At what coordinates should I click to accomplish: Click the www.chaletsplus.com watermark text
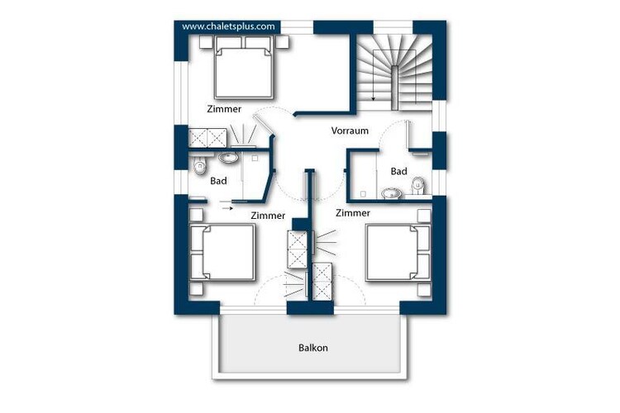228,26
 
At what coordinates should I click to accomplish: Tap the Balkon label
312,348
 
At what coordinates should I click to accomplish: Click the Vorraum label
350,131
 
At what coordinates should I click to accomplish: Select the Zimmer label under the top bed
224,109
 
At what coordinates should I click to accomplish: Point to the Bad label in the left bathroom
218,181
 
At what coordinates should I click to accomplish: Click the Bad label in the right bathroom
398,171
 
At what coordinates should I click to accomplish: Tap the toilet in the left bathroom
200,167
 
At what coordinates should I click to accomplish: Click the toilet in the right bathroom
418,186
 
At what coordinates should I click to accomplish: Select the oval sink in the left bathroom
228,157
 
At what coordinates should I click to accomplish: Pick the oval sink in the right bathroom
392,193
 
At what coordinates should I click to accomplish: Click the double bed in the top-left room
244,67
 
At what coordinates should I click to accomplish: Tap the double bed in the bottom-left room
222,252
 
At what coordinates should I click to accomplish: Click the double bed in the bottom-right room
398,253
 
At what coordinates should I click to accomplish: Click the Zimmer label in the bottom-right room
353,213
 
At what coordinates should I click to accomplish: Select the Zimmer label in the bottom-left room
268,216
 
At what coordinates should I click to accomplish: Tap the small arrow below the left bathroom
228,208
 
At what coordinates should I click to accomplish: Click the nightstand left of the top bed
206,42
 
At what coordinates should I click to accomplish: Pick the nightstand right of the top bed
282,42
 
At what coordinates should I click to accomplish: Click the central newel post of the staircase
394,88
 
